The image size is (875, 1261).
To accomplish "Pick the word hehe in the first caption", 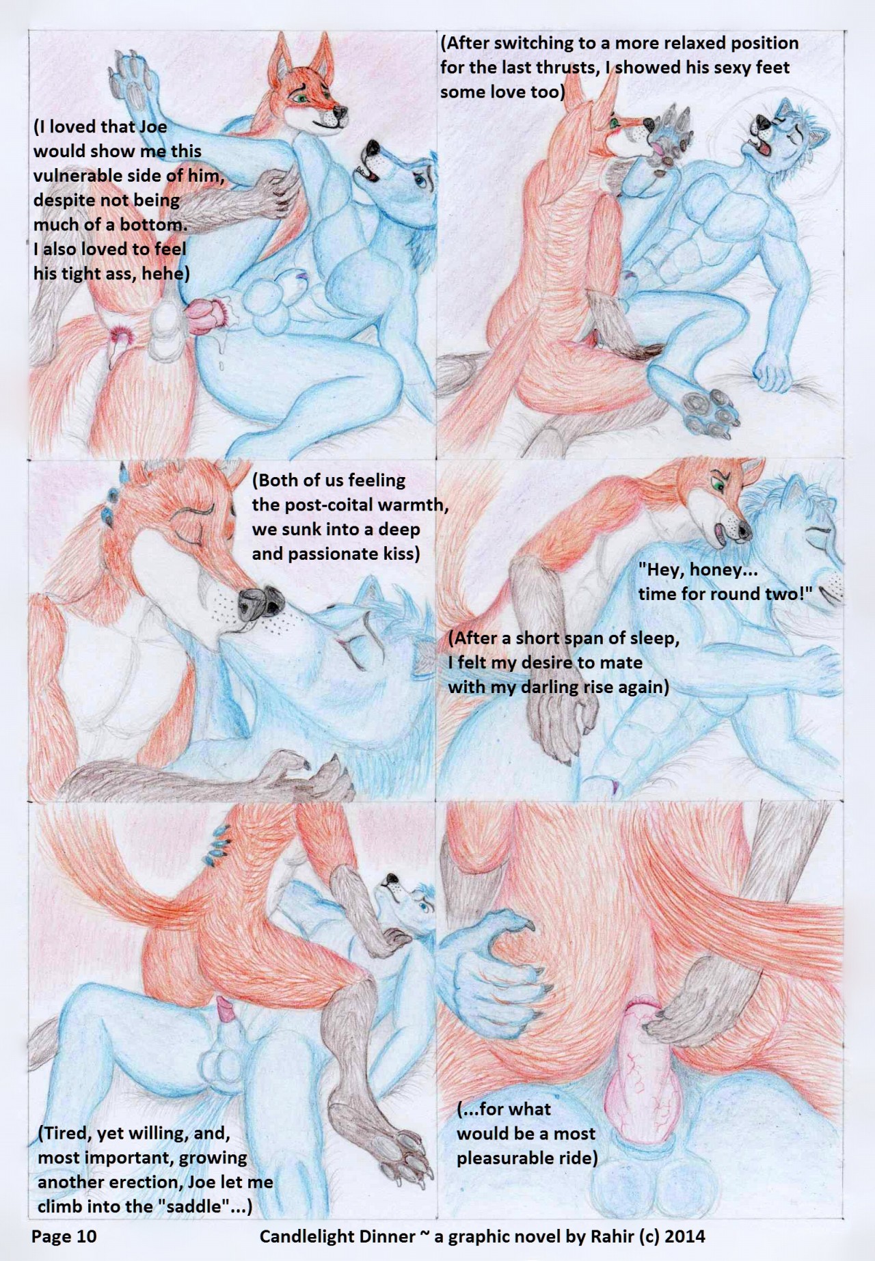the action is (x=165, y=274).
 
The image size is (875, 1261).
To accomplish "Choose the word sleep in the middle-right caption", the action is (x=654, y=639).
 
